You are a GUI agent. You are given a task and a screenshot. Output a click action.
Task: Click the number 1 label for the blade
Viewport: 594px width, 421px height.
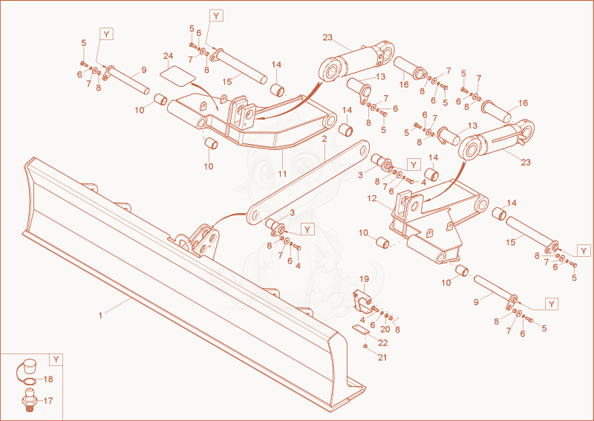100,316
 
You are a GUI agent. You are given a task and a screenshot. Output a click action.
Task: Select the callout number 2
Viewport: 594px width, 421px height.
324,139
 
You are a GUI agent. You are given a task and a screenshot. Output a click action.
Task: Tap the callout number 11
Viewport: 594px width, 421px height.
282,174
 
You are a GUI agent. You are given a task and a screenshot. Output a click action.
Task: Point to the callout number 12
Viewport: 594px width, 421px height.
372,198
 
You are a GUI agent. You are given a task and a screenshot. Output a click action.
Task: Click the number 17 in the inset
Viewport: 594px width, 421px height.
48,400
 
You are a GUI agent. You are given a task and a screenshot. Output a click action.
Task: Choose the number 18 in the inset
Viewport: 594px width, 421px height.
48,379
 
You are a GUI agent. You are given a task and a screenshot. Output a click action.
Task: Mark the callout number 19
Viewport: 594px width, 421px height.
364,279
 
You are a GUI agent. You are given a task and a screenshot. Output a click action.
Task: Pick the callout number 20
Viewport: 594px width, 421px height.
385,329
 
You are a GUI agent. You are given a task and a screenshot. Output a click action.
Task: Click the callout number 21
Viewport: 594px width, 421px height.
382,357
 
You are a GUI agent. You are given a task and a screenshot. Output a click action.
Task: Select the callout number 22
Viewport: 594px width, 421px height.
383,343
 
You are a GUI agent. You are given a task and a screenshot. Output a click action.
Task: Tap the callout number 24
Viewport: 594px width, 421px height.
169,56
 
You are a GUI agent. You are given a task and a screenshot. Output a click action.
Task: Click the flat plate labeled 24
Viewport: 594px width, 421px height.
177,75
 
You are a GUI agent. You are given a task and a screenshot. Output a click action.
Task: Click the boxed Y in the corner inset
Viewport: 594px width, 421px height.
56,359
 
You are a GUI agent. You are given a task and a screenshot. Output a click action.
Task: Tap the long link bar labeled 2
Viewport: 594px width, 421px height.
308,182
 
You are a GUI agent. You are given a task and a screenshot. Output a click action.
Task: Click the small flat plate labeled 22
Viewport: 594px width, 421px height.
360,329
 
